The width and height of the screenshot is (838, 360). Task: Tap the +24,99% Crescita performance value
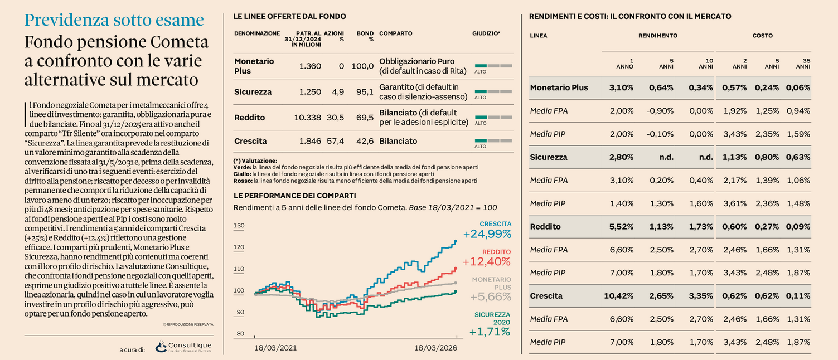[487, 234]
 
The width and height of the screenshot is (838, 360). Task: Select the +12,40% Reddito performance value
[486, 262]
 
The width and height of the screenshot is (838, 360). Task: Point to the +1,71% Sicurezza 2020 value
[490, 332]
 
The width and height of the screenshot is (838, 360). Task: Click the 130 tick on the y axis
[239, 226]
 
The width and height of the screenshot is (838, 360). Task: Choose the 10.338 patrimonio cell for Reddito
[307, 118]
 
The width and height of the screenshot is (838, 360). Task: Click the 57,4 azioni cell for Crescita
[335, 141]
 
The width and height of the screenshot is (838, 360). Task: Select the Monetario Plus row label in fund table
[254, 66]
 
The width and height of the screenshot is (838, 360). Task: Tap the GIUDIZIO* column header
[486, 33]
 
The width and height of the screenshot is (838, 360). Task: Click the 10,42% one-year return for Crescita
[618, 296]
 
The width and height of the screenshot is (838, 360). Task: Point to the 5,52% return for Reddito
[621, 227]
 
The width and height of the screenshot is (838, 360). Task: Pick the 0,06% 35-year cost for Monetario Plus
[798, 87]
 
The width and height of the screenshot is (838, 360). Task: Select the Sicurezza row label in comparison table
[549, 157]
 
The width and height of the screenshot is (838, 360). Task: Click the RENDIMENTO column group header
[658, 36]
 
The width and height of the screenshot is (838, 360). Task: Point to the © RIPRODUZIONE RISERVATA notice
[188, 324]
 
